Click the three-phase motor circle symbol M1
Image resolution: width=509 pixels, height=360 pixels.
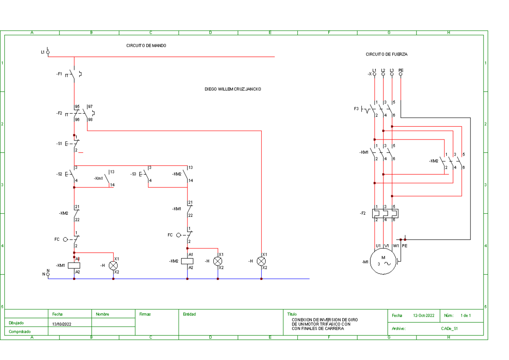coord(384,261)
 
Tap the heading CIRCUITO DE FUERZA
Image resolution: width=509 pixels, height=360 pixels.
coord(386,54)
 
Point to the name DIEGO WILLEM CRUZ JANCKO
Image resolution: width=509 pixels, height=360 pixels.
coord(233,89)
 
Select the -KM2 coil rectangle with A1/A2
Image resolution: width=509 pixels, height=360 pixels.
coord(187,261)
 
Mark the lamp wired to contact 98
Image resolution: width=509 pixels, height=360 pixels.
coord(261,261)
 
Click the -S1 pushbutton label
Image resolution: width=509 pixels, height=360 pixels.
coord(59,144)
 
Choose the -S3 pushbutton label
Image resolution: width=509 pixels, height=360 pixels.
coord(133,174)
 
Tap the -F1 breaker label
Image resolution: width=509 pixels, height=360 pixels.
coord(59,74)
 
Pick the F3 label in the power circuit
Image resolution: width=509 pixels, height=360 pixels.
coord(356,109)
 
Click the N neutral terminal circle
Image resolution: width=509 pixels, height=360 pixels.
coord(48,274)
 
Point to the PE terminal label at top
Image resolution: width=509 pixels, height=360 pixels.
coord(401,70)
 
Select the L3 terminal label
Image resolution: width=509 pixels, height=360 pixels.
coord(392,70)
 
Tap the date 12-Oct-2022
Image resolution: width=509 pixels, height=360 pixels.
coord(423,315)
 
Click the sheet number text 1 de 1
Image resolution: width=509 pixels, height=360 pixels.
coord(465,315)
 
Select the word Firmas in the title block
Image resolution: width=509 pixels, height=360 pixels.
coord(145,314)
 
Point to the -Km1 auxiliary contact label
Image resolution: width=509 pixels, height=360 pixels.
coord(98,179)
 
